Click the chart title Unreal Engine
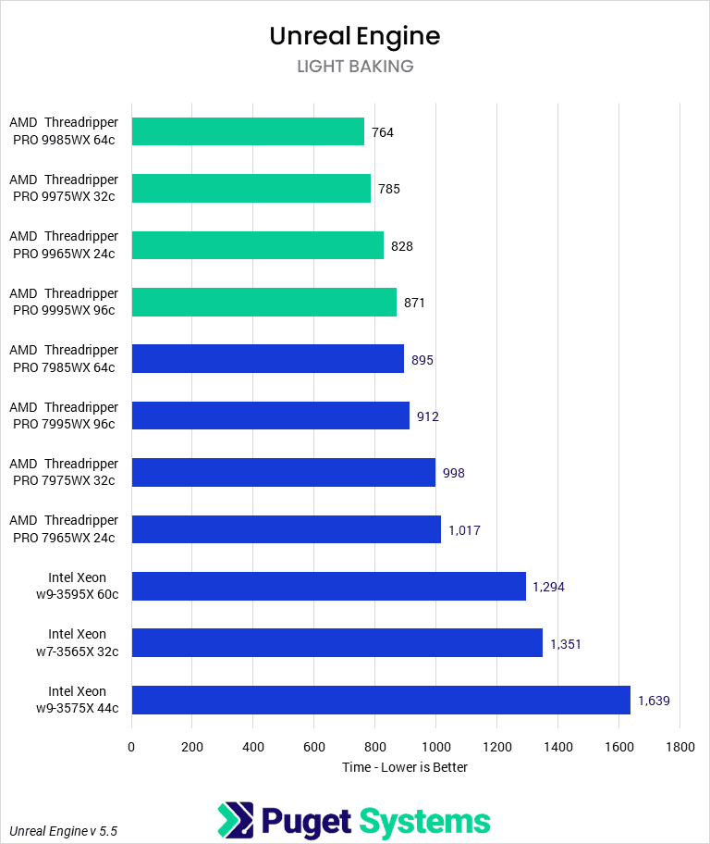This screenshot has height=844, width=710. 354,36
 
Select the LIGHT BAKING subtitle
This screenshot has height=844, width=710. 354,67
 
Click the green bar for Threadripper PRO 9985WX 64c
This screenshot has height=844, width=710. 248,131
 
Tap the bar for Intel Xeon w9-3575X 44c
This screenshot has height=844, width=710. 381,700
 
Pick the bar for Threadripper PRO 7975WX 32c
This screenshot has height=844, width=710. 283,472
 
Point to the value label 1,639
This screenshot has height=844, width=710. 654,701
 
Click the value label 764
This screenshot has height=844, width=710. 383,132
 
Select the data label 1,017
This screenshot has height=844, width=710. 464,530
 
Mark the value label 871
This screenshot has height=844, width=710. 413,303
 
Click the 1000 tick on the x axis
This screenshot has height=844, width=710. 435,747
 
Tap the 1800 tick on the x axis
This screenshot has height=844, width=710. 679,747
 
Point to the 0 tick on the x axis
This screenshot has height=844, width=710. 131,747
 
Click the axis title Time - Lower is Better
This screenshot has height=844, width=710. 405,767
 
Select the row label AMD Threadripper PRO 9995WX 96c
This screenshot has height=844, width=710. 64,302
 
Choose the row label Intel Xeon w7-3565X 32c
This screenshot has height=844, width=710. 78,642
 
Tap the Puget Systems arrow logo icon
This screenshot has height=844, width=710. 235,820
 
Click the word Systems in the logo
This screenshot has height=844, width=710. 424,821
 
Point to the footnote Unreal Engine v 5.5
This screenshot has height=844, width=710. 63,831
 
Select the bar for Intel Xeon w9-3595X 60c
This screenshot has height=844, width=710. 328,586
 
